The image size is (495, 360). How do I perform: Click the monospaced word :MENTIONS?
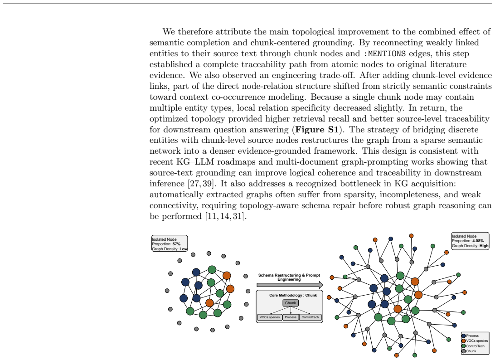coord(384,54)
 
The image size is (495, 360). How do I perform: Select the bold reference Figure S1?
coord(317,130)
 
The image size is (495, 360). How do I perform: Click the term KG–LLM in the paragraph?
coord(195,162)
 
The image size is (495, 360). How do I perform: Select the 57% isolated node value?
coord(176,244)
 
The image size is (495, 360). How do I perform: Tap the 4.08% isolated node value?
coord(478,241)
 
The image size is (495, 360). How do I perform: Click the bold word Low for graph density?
coord(184,249)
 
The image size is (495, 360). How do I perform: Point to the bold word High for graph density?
coord(484,246)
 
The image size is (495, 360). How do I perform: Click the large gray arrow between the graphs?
coord(290,285)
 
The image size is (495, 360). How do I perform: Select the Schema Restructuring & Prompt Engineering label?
coord(289,277)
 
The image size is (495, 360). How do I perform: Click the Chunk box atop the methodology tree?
coord(291,303)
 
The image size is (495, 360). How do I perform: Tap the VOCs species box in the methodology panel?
coord(270,317)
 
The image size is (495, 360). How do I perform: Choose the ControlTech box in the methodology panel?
coord(311,317)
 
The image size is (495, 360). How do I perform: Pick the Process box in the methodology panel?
coord(291,317)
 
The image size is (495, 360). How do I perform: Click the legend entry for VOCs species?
coord(475,341)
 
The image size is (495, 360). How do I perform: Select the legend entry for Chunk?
coord(469,351)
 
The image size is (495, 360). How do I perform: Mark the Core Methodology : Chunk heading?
coord(293,296)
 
